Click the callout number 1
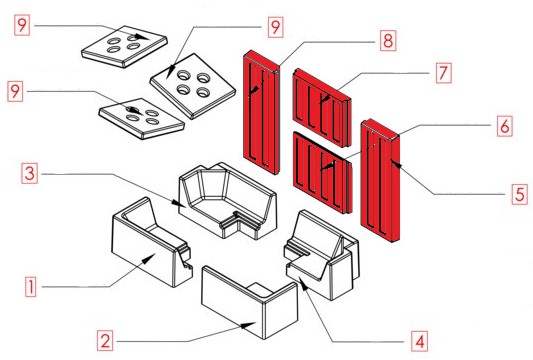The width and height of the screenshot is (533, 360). tap(31, 287)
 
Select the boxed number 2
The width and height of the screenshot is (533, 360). tap(105, 340)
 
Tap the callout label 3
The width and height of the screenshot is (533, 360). tap(29, 173)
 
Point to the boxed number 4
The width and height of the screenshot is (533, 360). tap(420, 341)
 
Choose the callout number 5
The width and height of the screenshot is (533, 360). tap(520, 194)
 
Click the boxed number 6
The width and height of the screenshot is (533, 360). tap(504, 126)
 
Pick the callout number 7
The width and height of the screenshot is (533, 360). tap(444, 73)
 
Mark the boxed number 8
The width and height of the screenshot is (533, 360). tap(388, 41)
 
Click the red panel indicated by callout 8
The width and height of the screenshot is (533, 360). tap(261, 112)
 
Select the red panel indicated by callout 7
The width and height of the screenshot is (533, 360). tap(322, 108)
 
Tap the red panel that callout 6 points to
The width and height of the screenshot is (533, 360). tap(323, 172)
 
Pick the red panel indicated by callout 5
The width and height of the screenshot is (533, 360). tap(380, 181)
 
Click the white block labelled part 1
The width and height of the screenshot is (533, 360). tap(152, 242)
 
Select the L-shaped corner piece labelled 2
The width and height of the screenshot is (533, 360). tap(250, 302)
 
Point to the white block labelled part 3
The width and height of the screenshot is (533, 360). tap(228, 201)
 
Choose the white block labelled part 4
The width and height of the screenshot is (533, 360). tap(322, 255)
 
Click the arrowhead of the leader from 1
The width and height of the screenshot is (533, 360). tap(148, 259)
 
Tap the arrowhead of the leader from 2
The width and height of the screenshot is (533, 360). tap(248, 325)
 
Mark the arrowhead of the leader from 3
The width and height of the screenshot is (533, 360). tap(178, 203)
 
